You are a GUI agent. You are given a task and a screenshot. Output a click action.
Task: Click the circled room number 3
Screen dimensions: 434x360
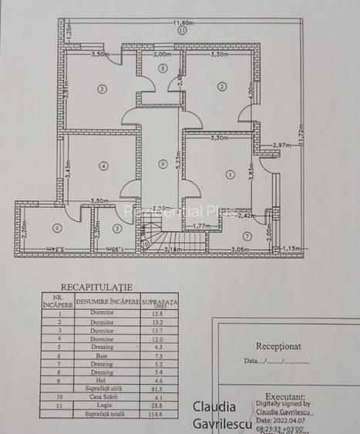tap(101, 89)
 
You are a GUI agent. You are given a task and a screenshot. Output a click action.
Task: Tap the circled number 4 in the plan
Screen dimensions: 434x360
tap(102, 164)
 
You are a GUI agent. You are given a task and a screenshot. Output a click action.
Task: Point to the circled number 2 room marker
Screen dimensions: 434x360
tap(222, 86)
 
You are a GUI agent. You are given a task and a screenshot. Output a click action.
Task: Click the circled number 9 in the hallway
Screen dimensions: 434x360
tap(162, 163)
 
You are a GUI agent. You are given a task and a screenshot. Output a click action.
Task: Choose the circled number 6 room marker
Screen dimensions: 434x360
tap(56, 228)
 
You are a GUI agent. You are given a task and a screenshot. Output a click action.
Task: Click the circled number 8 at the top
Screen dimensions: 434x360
tap(162, 68)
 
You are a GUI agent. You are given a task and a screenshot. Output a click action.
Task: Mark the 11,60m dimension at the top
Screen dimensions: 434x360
tap(182, 23)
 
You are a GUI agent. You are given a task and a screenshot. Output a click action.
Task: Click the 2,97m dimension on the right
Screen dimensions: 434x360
tap(280, 144)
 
